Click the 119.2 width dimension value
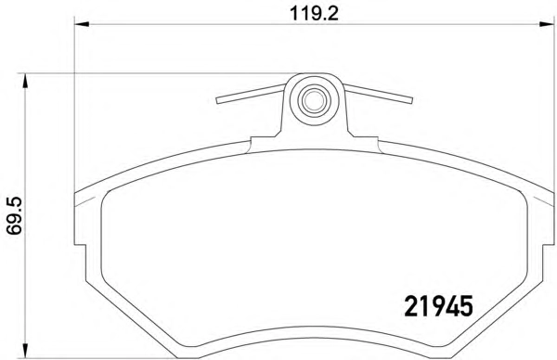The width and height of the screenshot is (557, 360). (x=314, y=14)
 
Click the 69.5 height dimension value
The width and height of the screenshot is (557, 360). (x=15, y=216)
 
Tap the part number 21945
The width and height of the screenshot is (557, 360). (x=439, y=306)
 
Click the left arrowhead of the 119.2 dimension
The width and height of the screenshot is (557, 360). (x=81, y=24)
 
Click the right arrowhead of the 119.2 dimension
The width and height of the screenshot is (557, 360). (x=547, y=24)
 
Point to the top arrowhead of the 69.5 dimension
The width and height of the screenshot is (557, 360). (x=25, y=81)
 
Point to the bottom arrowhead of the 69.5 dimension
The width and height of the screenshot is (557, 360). (x=25, y=351)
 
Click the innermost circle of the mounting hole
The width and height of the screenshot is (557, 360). (x=314, y=100)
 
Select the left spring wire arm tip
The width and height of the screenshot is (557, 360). (x=217, y=100)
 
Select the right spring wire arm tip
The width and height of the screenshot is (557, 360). (x=411, y=100)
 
